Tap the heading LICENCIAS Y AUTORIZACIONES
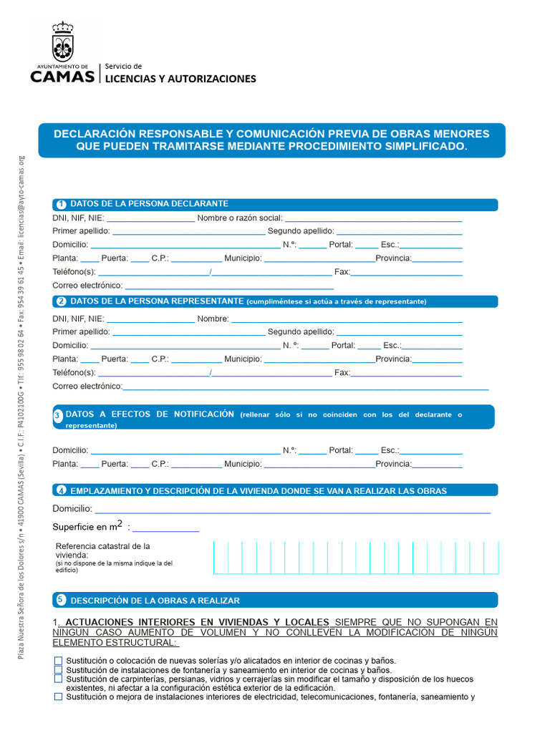[x=180, y=79]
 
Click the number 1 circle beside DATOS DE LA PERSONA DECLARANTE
[x=61, y=205]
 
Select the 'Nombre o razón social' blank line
[x=373, y=218]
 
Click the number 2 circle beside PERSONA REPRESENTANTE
[x=61, y=301]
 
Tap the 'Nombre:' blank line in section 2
[x=347, y=319]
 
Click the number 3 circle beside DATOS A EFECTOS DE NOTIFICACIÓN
[x=58, y=416]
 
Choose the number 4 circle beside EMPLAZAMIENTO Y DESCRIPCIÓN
[x=61, y=491]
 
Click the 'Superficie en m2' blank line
[x=165, y=528]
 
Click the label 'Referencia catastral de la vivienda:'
[x=102, y=550]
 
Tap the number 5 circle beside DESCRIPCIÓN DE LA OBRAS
[x=61, y=600]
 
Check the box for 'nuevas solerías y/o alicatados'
[x=58, y=660]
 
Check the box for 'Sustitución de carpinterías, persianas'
[x=58, y=679]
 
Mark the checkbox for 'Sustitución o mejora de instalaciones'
[x=58, y=696]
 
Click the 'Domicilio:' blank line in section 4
[x=292, y=509]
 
